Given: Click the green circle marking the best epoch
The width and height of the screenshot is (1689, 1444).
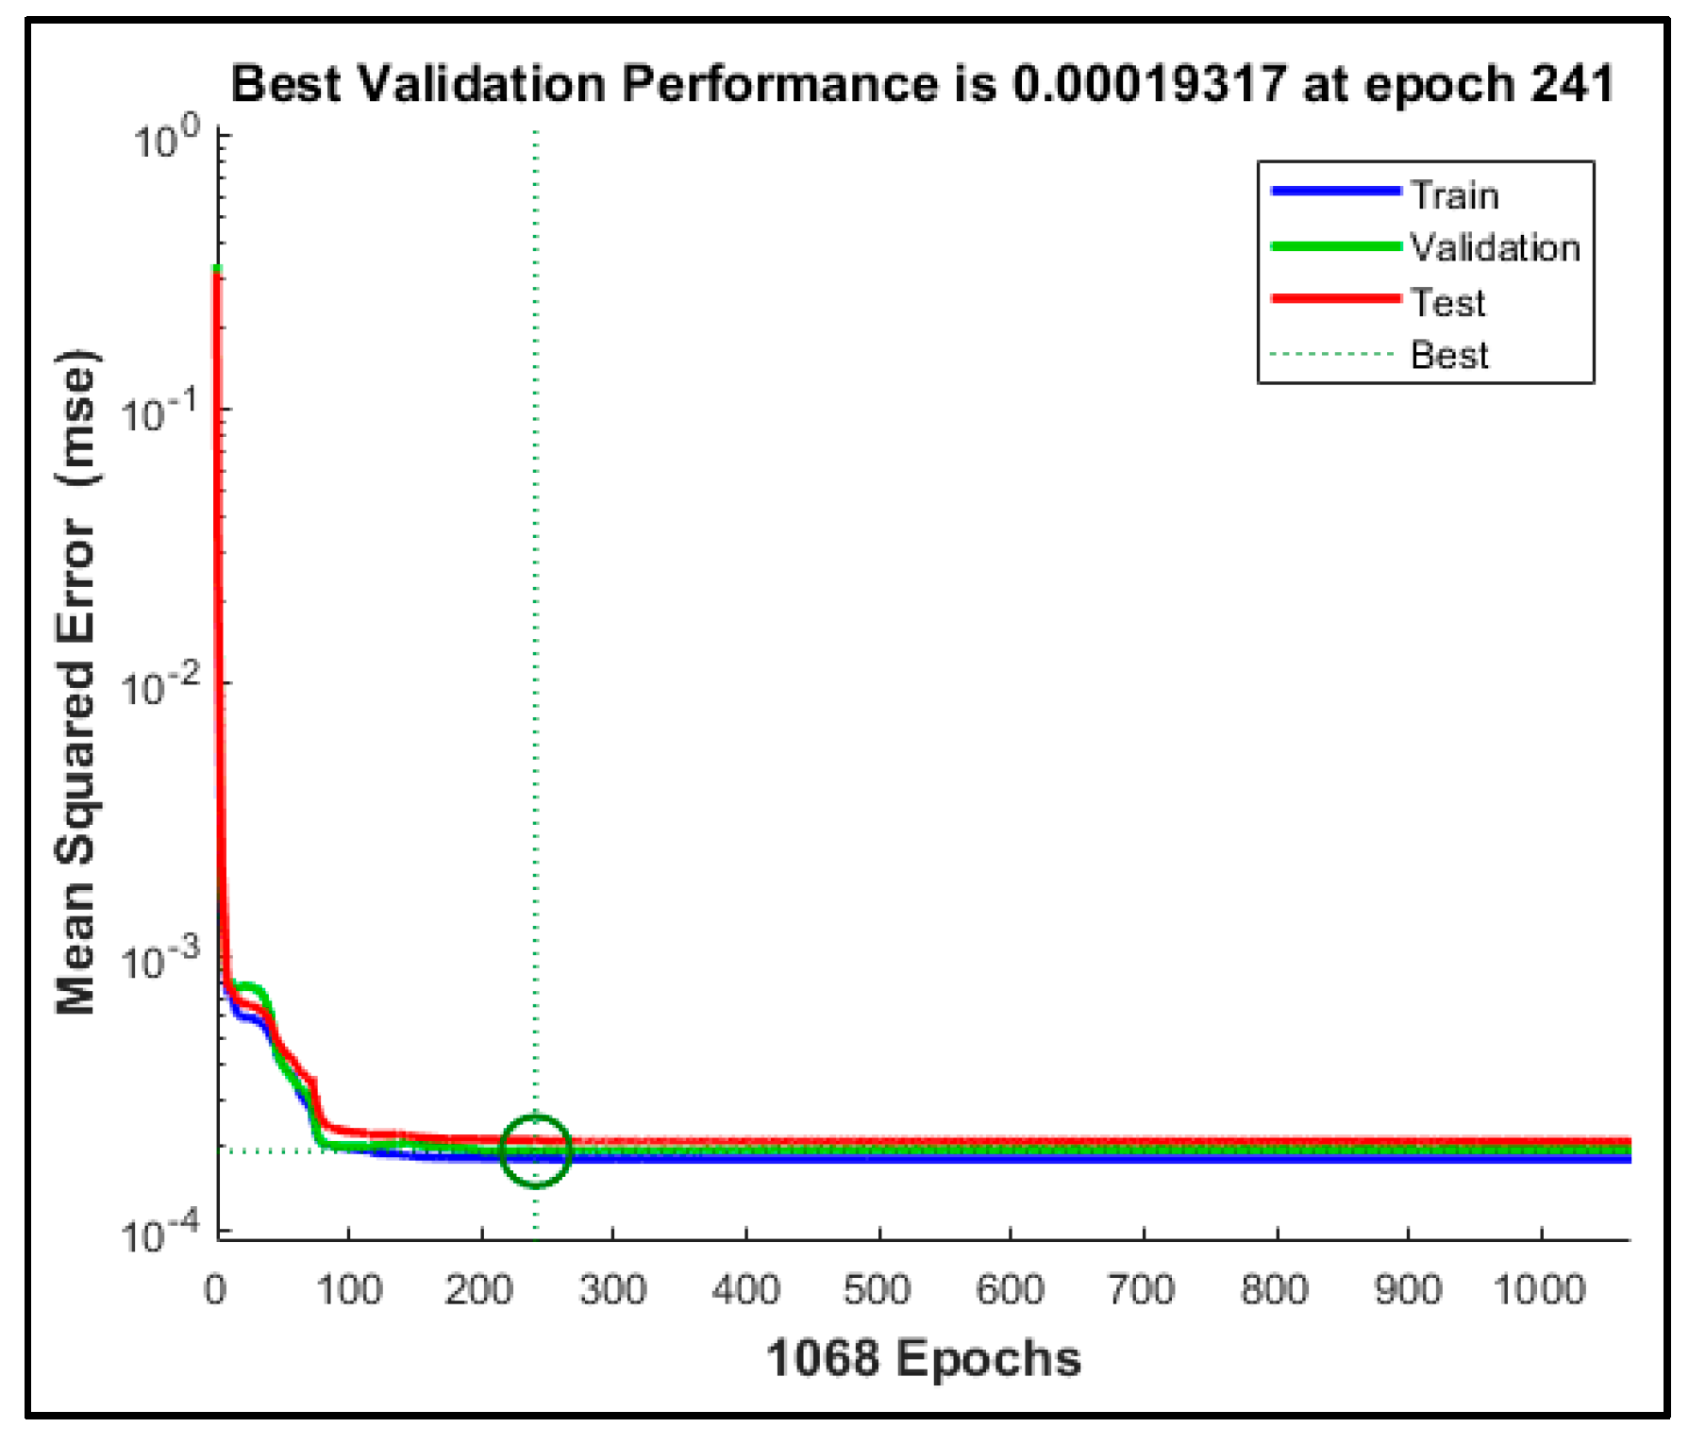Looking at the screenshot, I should point(535,1150).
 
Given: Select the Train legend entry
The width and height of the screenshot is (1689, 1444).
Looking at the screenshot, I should point(1454,195).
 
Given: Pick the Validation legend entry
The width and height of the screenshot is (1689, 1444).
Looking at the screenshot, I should point(1495,248).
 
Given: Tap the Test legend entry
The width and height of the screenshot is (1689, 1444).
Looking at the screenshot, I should point(1447,303).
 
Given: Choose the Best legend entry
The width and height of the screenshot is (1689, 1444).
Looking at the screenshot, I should point(1449,356).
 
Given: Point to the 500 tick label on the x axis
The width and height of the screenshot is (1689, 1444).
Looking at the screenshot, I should point(878,1289).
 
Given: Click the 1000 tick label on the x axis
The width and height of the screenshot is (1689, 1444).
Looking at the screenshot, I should point(1540,1289).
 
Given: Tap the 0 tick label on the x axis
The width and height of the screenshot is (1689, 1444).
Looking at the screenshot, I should point(215,1289).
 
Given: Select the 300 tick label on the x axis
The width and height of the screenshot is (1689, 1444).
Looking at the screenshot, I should point(612,1289).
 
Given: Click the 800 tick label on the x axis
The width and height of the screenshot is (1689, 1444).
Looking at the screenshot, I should point(1275,1289).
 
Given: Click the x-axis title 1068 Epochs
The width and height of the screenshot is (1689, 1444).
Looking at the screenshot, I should point(923,1359).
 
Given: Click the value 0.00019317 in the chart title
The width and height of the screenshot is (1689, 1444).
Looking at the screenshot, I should point(1148,84).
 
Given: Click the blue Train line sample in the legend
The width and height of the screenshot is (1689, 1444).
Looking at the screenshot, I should point(1335,192).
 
